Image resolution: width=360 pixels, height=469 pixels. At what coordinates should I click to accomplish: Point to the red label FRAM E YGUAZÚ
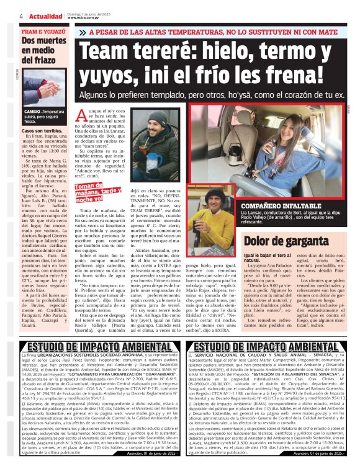click(42, 30)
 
